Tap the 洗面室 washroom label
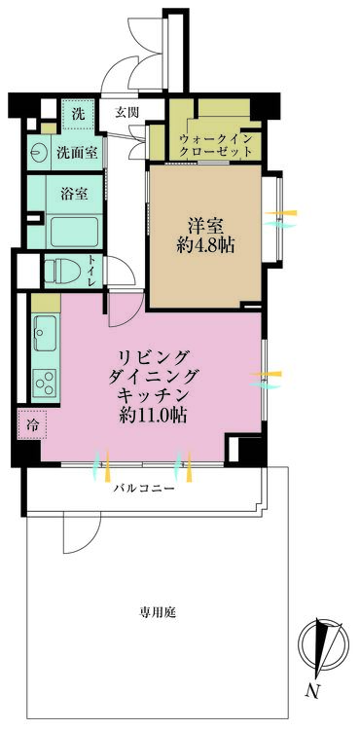click(77, 152)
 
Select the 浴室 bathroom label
click(74, 194)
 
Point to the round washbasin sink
click(37, 153)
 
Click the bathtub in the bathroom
click(74, 232)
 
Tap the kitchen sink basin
click(45, 333)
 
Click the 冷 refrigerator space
click(32, 424)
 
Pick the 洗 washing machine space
click(78, 114)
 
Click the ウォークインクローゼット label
click(216, 145)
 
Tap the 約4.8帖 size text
click(205, 244)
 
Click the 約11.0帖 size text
click(153, 414)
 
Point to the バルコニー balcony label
click(144, 489)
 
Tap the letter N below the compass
click(312, 691)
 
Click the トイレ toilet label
click(92, 273)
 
